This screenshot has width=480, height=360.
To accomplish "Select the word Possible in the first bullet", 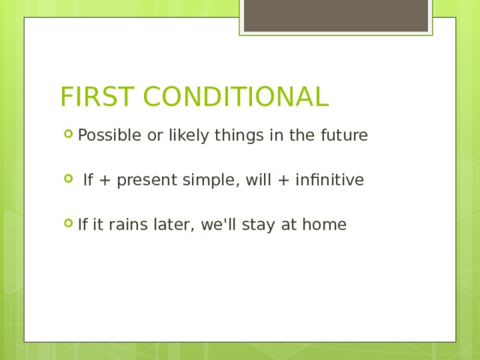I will (104, 136).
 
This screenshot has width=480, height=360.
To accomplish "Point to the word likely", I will (176, 136).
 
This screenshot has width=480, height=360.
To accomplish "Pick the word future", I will (343, 136).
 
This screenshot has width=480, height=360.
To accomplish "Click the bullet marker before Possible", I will (69, 135).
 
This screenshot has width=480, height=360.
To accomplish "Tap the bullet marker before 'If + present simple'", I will (69, 179).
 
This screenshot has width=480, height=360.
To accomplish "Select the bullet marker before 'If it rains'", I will (69, 223).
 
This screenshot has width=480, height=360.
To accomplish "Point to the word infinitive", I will (333, 180).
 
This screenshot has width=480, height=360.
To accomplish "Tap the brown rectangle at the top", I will (335, 15).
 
